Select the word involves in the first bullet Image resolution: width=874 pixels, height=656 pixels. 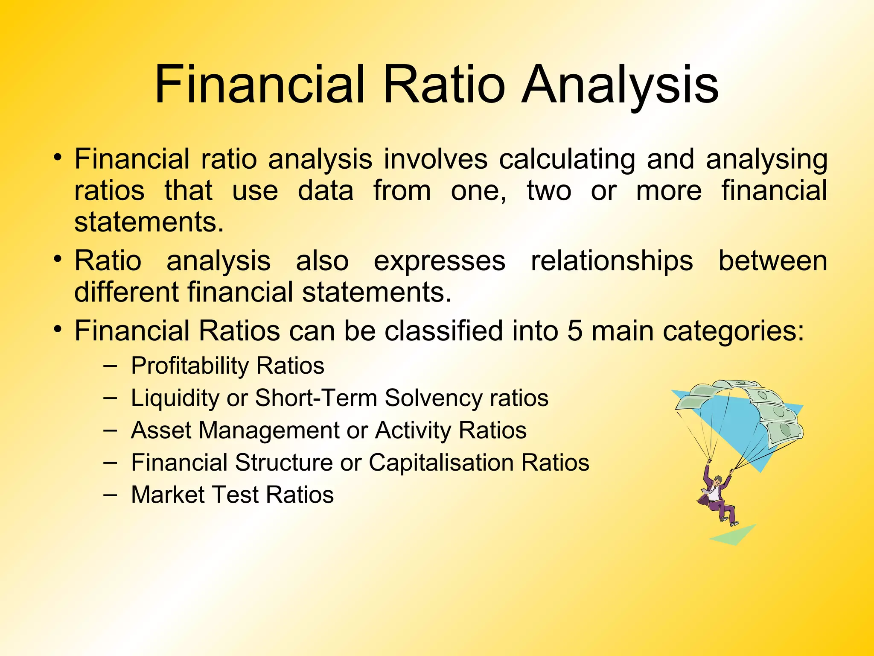click(x=435, y=159)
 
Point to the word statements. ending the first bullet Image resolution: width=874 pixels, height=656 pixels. click(x=149, y=223)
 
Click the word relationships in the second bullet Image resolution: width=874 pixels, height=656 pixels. click(x=612, y=261)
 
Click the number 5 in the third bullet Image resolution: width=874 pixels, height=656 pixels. click(x=574, y=331)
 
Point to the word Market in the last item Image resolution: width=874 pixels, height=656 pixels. click(x=168, y=495)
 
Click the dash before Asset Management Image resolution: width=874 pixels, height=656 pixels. click(x=110, y=430)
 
